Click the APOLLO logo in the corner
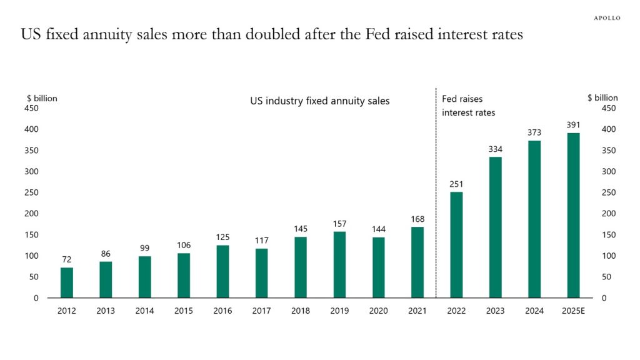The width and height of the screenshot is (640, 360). point(606,18)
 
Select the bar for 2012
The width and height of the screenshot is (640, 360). point(67,282)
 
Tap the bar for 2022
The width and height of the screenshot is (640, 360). point(456,244)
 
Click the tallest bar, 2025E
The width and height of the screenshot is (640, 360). point(573,215)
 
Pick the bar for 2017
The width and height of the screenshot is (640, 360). point(262,273)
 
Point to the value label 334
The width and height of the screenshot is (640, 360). point(495,149)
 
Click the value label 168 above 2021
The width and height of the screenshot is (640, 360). point(417,219)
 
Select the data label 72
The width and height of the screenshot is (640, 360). point(67,259)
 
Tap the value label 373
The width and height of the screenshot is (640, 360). point(534,132)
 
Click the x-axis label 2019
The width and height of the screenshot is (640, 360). point(339,311)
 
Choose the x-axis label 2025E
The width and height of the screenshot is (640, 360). point(573,311)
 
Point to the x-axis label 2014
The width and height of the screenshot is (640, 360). point(144,311)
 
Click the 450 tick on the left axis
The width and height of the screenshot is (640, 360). point(31,108)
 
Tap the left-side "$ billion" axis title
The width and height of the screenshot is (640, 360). point(42,98)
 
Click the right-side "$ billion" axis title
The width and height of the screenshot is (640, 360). point(602,97)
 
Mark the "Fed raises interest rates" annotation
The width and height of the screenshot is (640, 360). point(468,106)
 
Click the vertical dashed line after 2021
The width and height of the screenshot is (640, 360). point(436,200)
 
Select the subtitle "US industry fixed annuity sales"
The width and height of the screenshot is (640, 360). point(319,101)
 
